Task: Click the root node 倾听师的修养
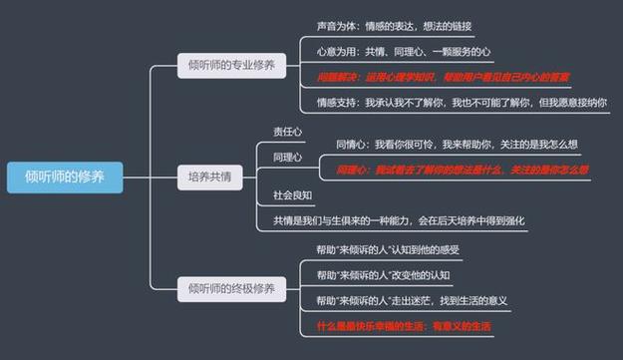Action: coord(66,177)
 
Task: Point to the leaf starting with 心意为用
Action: coord(404,51)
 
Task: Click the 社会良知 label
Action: coord(292,194)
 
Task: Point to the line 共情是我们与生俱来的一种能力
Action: coord(399,220)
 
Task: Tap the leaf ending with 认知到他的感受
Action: coord(388,249)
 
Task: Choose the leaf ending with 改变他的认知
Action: coord(383,275)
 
